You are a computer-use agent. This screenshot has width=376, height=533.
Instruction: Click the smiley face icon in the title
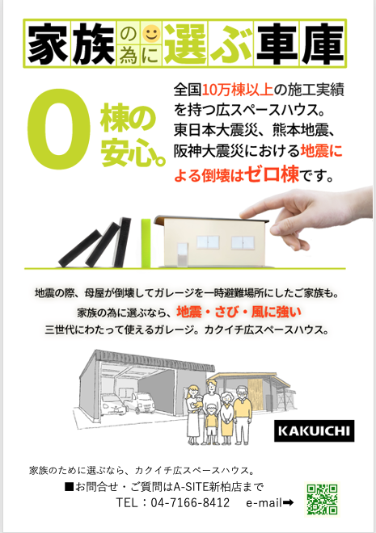(151, 33)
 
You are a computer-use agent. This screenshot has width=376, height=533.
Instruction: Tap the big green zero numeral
(59, 129)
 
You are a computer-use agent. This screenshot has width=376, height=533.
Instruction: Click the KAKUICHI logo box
(314, 430)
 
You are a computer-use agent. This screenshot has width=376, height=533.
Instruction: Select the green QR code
(322, 498)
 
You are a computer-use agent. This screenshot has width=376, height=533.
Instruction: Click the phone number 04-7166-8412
(190, 502)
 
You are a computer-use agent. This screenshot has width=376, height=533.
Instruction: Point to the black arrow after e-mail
(288, 502)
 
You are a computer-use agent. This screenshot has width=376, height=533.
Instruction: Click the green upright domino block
(146, 243)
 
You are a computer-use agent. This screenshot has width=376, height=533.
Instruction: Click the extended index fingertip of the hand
(243, 215)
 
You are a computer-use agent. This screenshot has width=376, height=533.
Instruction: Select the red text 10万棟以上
(238, 90)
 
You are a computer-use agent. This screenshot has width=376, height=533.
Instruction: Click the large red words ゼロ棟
(272, 174)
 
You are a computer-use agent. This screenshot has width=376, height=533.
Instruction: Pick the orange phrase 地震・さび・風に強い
(239, 312)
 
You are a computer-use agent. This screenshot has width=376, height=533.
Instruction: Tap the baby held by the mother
(196, 402)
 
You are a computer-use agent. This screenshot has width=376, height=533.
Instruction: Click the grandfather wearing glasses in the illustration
(242, 414)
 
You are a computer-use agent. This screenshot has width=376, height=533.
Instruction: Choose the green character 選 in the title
(185, 44)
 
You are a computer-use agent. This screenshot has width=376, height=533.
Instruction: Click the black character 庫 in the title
(323, 44)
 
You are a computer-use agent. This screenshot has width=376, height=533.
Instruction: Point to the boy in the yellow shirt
(212, 423)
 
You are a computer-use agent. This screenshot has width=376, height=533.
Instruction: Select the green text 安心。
(133, 155)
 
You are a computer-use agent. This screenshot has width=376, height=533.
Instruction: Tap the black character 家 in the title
(48, 44)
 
